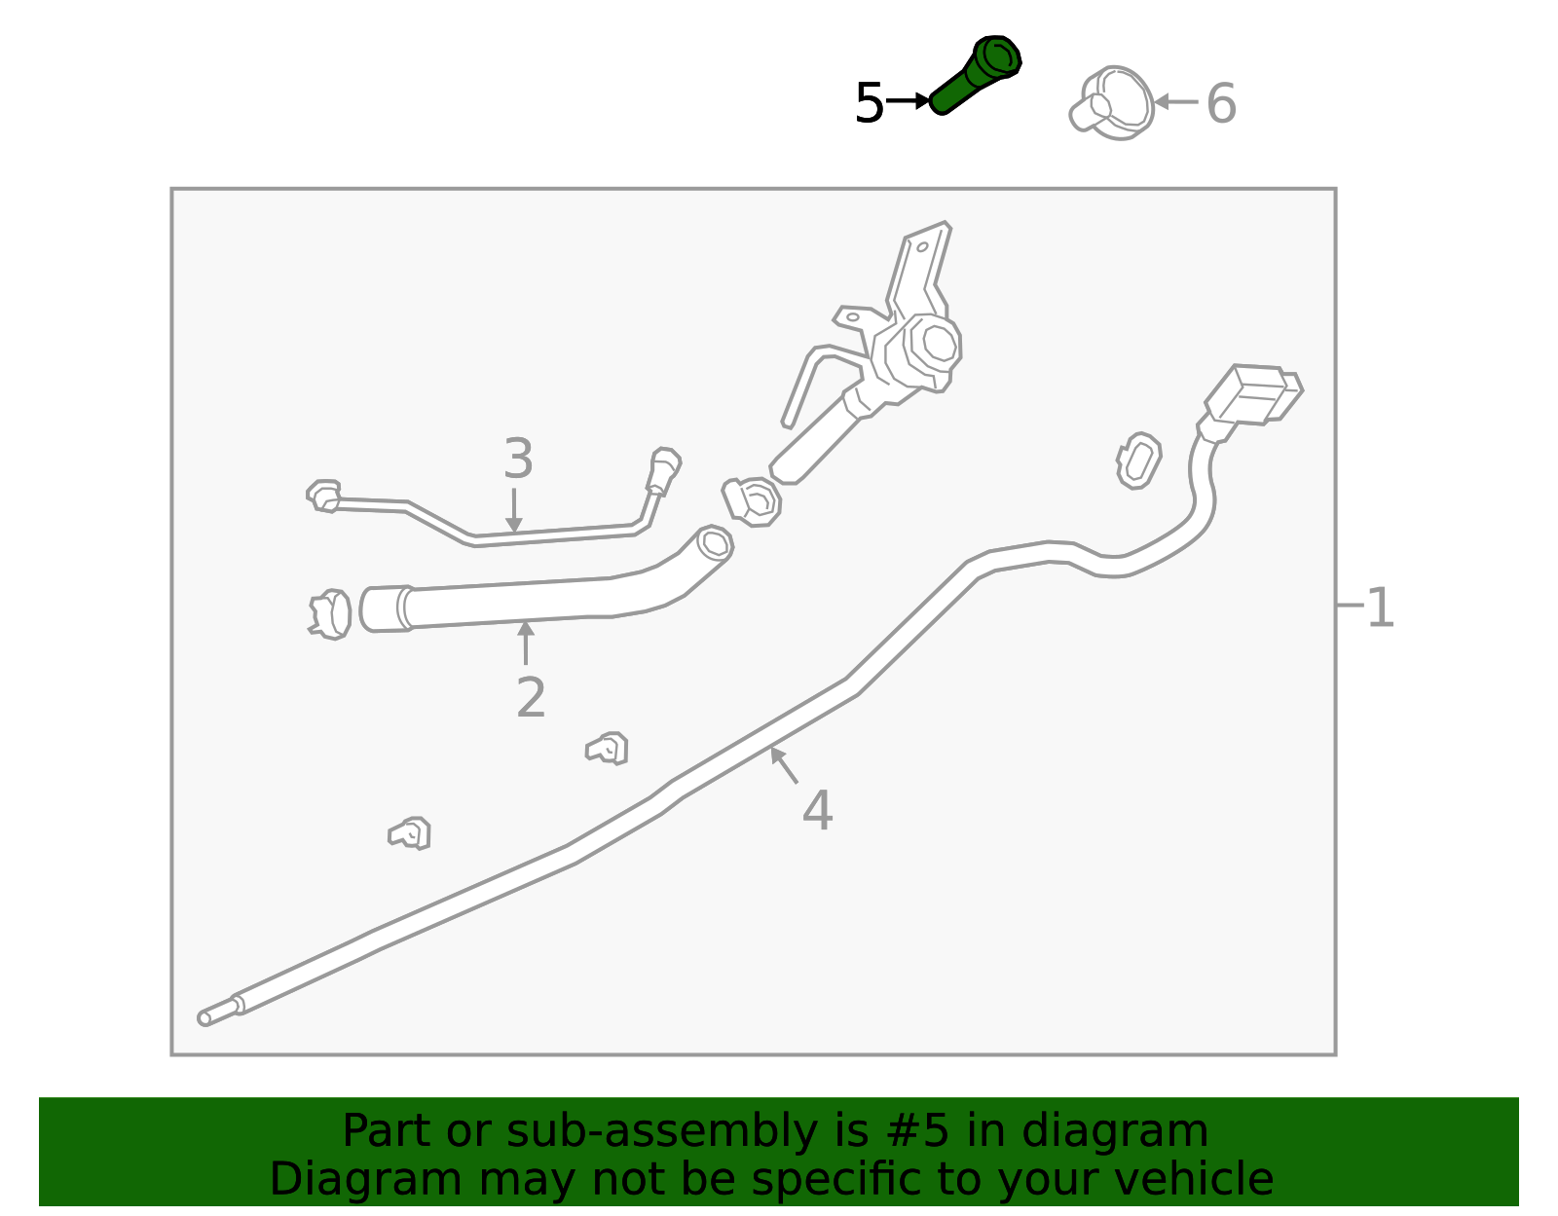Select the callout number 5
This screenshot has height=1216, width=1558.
coord(869,103)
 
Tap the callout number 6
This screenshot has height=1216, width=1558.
coord(1221,103)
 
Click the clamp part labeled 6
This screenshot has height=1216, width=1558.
coord(1113,103)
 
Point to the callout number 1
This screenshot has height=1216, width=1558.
coord(1381,608)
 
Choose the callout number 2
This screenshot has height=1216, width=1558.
coord(531,697)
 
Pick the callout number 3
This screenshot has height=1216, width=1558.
coord(518,459)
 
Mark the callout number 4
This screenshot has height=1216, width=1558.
coord(817,810)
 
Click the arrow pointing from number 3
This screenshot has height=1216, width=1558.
coord(514,510)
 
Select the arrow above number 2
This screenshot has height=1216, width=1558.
coord(526,643)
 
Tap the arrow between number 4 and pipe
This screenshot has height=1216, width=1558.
coord(785,765)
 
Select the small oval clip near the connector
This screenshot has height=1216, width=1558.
coord(1137,461)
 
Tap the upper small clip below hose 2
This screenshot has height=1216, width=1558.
coord(608,749)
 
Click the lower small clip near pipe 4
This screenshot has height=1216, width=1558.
coord(411,833)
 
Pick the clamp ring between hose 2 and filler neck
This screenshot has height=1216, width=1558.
coord(753,500)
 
